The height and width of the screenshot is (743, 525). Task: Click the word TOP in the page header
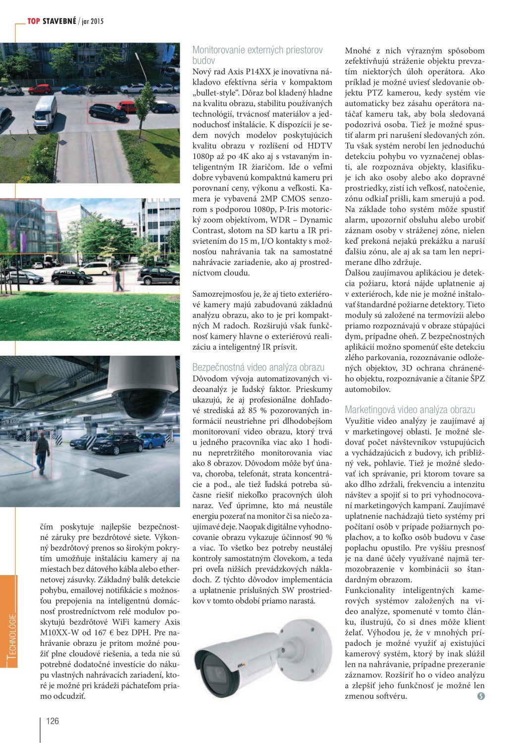(x=34, y=21)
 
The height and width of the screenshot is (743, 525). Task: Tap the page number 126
(x=52, y=721)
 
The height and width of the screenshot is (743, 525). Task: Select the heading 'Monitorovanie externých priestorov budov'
(x=257, y=55)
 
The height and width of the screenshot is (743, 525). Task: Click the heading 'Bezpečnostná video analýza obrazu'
(x=258, y=367)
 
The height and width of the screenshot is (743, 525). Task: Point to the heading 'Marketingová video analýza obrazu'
(x=410, y=410)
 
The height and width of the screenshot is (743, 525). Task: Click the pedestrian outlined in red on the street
(x=118, y=282)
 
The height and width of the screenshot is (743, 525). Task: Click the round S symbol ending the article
(x=480, y=696)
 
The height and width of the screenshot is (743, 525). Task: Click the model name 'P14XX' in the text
(x=250, y=72)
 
